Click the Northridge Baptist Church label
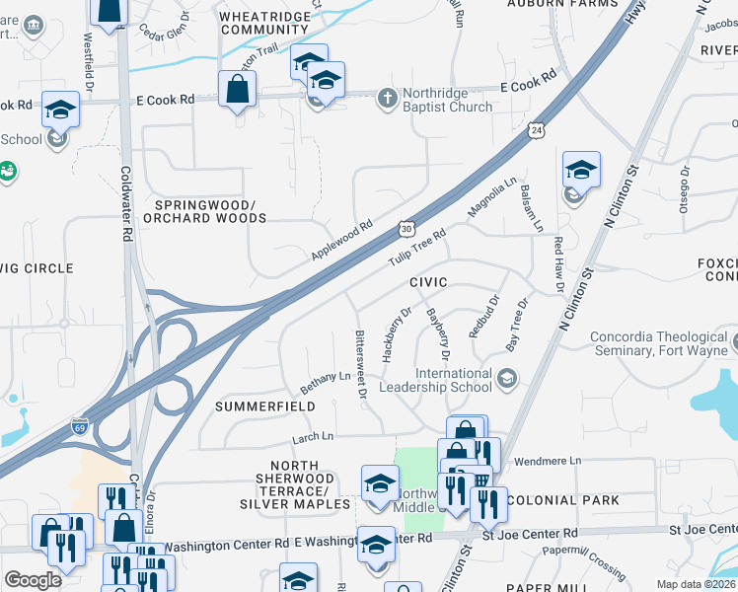[x=447, y=107]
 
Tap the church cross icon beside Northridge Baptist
[x=387, y=98]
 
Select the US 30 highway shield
[x=406, y=228]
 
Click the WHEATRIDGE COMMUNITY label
[x=264, y=24]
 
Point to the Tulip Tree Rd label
[x=417, y=247]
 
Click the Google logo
[x=33, y=580]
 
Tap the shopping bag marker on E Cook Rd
[x=238, y=91]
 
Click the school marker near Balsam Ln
[x=581, y=172]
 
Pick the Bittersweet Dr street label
[x=361, y=363]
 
